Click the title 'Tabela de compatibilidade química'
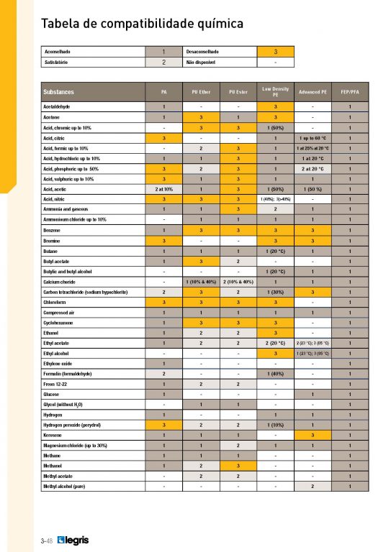point(142,24)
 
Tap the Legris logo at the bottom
point(73,539)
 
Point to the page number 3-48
point(48,540)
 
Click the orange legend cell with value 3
point(276,52)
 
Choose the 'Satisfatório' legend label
point(58,63)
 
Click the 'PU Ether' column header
point(202,92)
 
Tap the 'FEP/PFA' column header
point(349,92)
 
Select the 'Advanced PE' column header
point(313,92)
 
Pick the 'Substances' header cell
point(58,92)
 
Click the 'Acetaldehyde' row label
point(60,106)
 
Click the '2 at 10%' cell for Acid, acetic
point(164,188)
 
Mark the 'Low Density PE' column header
point(275,92)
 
